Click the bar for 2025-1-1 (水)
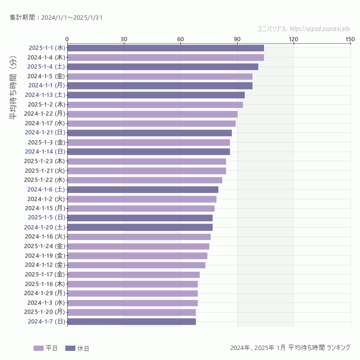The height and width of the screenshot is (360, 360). (166, 48)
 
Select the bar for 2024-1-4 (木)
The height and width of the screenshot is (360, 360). (166, 58)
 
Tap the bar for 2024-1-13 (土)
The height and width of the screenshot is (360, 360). (156, 95)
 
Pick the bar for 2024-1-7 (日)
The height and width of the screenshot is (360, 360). (132, 322)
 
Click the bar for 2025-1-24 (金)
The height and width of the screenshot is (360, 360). (138, 246)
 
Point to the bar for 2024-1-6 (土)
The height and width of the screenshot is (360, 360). (143, 190)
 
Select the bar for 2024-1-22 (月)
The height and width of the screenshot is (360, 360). (152, 114)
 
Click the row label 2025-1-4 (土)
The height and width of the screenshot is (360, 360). (46, 67)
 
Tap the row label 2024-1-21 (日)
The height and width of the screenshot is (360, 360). (45, 132)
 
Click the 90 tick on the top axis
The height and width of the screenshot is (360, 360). (237, 39)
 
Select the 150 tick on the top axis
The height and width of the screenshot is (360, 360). (350, 39)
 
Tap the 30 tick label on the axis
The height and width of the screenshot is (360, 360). (124, 39)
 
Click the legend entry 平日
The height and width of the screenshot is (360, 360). (46, 348)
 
